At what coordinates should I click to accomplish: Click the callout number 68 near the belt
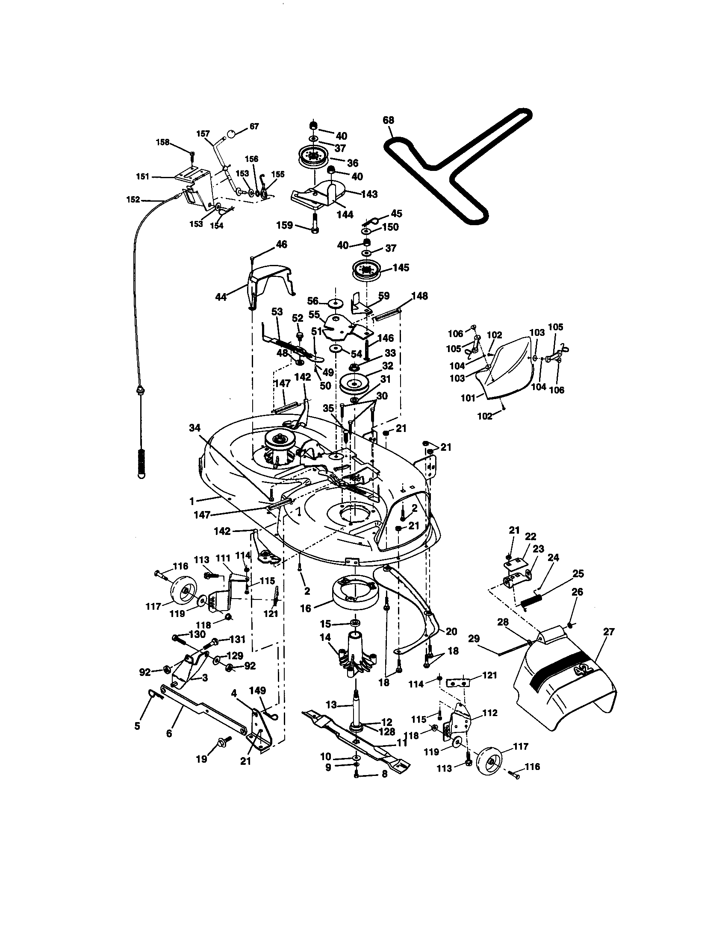pos(388,120)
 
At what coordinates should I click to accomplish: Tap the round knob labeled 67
pos(232,134)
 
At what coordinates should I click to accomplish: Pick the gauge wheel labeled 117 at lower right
pos(491,764)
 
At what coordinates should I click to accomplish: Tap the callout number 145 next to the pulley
pos(401,268)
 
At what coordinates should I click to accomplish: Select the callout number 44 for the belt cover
pos(221,297)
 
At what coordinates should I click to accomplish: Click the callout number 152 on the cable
pos(133,200)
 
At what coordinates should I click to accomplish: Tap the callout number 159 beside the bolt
pos(285,225)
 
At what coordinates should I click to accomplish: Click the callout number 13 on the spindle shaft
pos(331,705)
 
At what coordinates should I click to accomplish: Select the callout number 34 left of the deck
pos(195,427)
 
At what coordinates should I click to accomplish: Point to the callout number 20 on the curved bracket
pos(451,632)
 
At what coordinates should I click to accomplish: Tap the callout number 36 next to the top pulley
pos(353,163)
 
